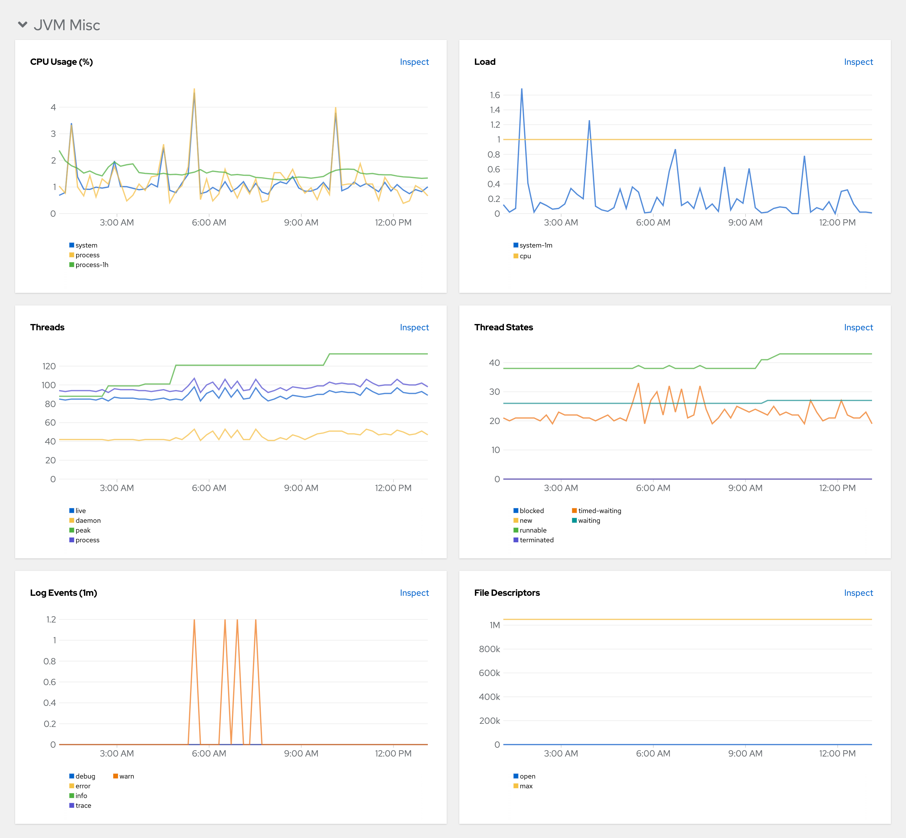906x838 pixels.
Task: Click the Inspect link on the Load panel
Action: pos(858,62)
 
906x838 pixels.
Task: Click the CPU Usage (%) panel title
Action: pos(61,62)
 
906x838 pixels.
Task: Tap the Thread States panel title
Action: pos(503,327)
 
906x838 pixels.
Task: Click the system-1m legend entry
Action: pos(535,245)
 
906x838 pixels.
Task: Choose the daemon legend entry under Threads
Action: pos(87,521)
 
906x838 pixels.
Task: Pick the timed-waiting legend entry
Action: pos(599,511)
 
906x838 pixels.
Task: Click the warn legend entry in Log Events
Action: pos(126,776)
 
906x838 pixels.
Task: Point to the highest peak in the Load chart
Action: pos(522,89)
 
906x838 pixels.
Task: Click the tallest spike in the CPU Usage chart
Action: pos(194,89)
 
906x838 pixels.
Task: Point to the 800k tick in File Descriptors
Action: pos(489,649)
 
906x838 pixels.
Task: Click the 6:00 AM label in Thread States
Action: pos(653,488)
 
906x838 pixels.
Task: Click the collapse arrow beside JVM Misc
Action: pos(23,25)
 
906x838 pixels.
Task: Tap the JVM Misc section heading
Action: pos(67,25)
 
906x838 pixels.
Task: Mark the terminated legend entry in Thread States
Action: pos(536,540)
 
